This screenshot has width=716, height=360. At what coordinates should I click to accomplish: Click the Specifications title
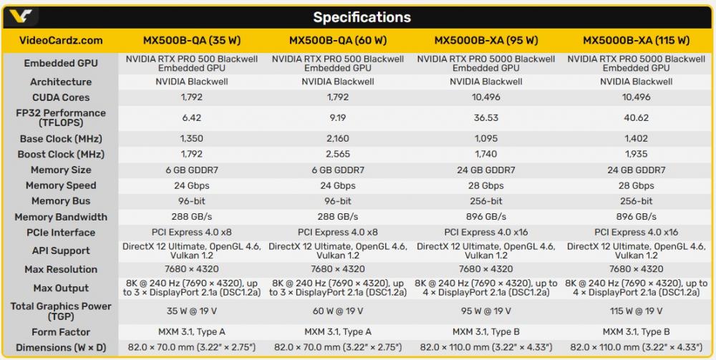pyautogui.click(x=362, y=17)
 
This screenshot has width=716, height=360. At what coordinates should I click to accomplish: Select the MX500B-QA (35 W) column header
pyautogui.click(x=192, y=40)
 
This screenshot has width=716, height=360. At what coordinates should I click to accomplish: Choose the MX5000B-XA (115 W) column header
pyautogui.click(x=636, y=40)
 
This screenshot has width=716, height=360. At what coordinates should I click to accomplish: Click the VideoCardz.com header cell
pyautogui.click(x=61, y=40)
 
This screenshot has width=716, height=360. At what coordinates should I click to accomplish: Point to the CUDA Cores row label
pyautogui.click(x=61, y=97)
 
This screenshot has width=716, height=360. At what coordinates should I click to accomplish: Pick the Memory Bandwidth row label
pyautogui.click(x=61, y=217)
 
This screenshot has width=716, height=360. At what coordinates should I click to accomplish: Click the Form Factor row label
pyautogui.click(x=61, y=332)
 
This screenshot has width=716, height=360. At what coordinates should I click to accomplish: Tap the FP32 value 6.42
pyautogui.click(x=192, y=117)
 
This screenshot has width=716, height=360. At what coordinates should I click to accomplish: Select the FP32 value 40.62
pyautogui.click(x=636, y=117)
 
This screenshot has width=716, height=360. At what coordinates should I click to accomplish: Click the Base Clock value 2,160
pyautogui.click(x=337, y=139)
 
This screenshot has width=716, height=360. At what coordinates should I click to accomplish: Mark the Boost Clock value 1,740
pyautogui.click(x=486, y=155)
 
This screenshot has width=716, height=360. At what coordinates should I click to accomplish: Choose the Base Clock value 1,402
pyautogui.click(x=636, y=139)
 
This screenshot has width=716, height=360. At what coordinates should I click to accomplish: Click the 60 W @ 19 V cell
pyautogui.click(x=337, y=311)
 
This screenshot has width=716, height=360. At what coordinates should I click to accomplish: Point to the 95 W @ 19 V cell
pyautogui.click(x=486, y=311)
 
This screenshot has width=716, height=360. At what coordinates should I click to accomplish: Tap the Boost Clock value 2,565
pyautogui.click(x=337, y=155)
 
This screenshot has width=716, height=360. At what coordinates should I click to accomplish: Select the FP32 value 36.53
pyautogui.click(x=486, y=117)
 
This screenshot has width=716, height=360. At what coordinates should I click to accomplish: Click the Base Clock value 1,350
pyautogui.click(x=192, y=139)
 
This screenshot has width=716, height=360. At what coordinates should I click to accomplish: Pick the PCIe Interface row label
pyautogui.click(x=61, y=233)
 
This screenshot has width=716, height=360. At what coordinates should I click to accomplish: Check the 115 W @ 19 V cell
pyautogui.click(x=636, y=311)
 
